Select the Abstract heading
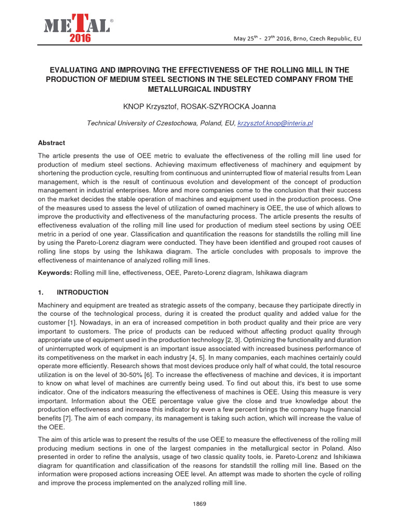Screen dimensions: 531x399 (51, 143)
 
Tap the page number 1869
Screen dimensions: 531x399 (199, 505)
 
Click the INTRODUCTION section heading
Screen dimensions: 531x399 (83, 292)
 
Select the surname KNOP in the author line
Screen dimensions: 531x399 (133, 106)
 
